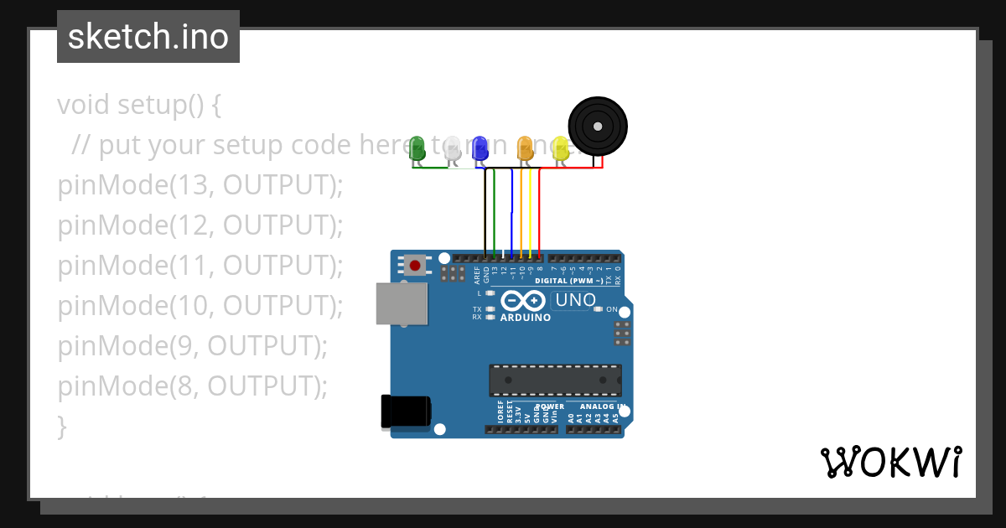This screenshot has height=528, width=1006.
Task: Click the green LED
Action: click(x=417, y=148)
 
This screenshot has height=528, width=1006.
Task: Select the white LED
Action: click(x=452, y=148)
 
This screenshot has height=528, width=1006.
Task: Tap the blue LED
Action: click(x=480, y=148)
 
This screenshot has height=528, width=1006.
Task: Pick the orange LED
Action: click(x=526, y=148)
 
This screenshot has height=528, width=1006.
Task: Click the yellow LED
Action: click(x=560, y=148)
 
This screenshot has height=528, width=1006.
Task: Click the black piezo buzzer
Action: click(x=597, y=127)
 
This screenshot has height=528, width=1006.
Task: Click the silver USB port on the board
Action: click(x=401, y=303)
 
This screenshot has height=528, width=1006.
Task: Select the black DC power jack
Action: click(x=406, y=411)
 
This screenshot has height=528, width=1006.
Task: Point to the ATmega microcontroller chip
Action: click(x=555, y=380)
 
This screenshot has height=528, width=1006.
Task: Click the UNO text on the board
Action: click(x=575, y=300)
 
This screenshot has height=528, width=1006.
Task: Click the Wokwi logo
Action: click(x=890, y=462)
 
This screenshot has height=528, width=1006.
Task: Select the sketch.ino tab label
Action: click(x=148, y=37)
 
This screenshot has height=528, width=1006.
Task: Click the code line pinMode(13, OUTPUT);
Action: click(x=200, y=185)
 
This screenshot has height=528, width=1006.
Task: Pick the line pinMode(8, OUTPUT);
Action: click(x=192, y=386)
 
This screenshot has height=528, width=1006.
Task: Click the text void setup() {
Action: click(x=139, y=105)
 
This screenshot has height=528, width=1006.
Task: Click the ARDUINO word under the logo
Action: click(x=526, y=318)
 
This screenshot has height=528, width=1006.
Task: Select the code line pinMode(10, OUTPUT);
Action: click(x=200, y=306)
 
